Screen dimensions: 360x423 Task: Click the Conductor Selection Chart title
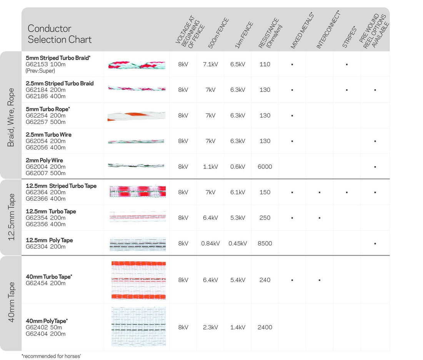pyautogui.click(x=60, y=34)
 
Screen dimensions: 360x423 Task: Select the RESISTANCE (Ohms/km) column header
pyautogui.click(x=269, y=34)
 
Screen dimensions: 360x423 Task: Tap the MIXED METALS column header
pyautogui.click(x=302, y=31)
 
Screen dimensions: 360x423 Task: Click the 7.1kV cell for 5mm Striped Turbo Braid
pyautogui.click(x=210, y=64)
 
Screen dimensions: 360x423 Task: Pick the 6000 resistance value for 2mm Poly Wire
pyautogui.click(x=265, y=167)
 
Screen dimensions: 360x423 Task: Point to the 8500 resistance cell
pyautogui.click(x=265, y=243)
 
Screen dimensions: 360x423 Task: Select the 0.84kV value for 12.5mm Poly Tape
pyautogui.click(x=210, y=243)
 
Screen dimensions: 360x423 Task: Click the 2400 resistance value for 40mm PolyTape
pyautogui.click(x=265, y=327)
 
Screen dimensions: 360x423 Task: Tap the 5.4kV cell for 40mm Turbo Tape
pyautogui.click(x=238, y=280)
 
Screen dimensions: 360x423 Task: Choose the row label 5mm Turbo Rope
pyautogui.click(x=48, y=109)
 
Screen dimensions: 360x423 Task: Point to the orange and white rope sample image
pyautogui.click(x=137, y=115)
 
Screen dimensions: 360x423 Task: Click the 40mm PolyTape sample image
pyautogui.click(x=138, y=327)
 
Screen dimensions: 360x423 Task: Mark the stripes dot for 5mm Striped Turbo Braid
pyautogui.click(x=347, y=65)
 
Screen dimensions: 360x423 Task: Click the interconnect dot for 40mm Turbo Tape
pyautogui.click(x=320, y=280)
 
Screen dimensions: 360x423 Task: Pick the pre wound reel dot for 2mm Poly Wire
pyautogui.click(x=375, y=167)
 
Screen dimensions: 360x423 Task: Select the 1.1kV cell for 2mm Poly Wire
pyautogui.click(x=210, y=167)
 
